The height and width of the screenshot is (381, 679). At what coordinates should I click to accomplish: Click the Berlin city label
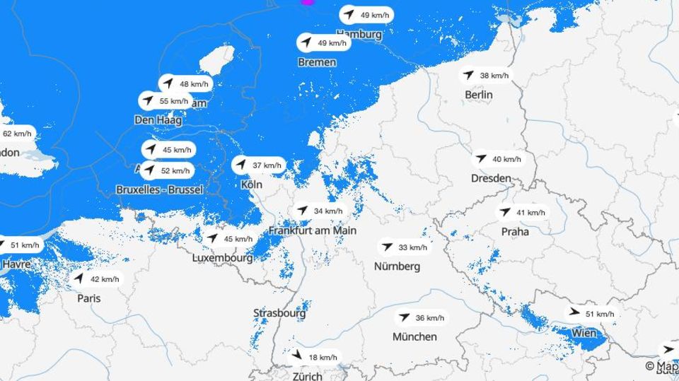coord(479,95)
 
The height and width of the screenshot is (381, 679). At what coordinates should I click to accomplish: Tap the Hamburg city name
coord(359,34)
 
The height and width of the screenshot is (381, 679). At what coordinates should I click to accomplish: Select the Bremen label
coord(317,62)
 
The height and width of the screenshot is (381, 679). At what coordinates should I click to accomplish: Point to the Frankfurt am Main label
coord(313,230)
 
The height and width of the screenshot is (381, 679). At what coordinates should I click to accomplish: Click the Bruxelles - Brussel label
coord(159,189)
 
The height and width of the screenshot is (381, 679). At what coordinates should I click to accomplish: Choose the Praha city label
coord(515,231)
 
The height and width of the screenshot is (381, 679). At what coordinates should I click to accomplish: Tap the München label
coord(415,336)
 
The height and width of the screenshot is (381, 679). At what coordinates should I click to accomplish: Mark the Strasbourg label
coord(280,312)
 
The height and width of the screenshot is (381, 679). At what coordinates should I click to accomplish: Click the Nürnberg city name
coord(397,266)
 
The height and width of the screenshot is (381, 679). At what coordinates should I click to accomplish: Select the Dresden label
coord(491,178)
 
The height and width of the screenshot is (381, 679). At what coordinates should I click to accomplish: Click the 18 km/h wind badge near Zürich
coord(315,357)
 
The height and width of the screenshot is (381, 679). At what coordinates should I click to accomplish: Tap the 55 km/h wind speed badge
coord(165,101)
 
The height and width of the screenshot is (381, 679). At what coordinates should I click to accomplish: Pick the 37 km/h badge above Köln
coord(259,165)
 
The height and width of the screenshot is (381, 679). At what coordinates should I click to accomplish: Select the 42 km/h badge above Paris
coord(97,279)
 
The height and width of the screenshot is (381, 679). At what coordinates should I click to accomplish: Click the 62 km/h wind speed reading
coord(16,134)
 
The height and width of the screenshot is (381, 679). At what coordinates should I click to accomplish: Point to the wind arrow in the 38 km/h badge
coord(468,75)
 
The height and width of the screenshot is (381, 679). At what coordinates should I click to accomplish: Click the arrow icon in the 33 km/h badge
coord(387,247)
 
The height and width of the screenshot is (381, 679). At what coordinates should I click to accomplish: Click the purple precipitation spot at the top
coord(308,2)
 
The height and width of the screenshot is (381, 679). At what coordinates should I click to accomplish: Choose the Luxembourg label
coord(223,258)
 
